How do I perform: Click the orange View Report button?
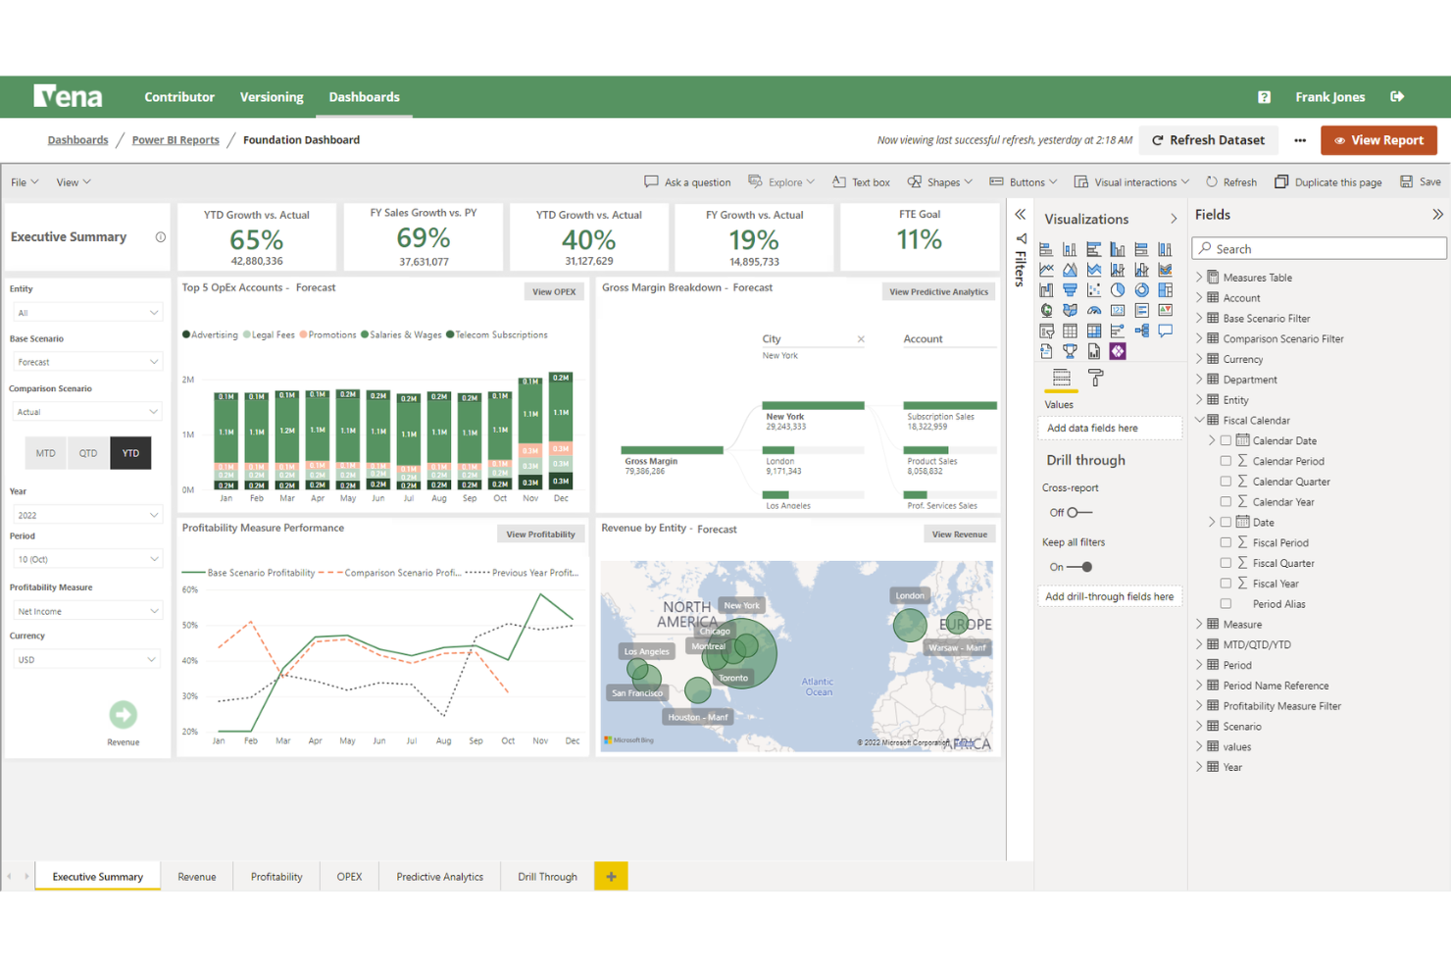click(x=1378, y=140)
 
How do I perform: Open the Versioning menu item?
click(x=272, y=97)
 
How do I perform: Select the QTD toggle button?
click(x=88, y=453)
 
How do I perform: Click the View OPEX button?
click(x=554, y=291)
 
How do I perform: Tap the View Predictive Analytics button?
click(x=938, y=291)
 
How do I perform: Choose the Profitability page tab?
click(x=276, y=877)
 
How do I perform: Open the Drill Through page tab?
click(x=547, y=877)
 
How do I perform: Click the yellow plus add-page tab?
click(x=611, y=877)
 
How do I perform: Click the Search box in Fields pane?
click(x=1319, y=249)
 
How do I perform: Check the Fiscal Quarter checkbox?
click(x=1226, y=563)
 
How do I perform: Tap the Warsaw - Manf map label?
click(x=957, y=647)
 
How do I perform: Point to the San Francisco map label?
click(x=637, y=692)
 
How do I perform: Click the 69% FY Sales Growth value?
click(x=424, y=238)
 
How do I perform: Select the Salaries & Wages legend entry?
click(x=401, y=335)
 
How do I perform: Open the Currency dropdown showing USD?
click(x=85, y=660)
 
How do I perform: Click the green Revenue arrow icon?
click(x=123, y=714)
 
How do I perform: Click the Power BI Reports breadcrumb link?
click(x=175, y=140)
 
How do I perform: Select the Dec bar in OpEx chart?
click(x=561, y=431)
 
